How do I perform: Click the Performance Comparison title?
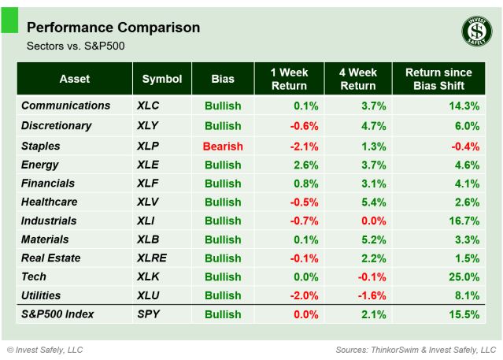pyautogui.click(x=113, y=28)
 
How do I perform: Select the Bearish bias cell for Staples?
pyautogui.click(x=223, y=146)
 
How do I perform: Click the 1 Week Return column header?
pyautogui.click(x=288, y=79)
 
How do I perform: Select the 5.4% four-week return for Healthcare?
pyautogui.click(x=371, y=202)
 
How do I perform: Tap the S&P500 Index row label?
pyautogui.click(x=57, y=314)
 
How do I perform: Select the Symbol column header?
pyautogui.click(x=162, y=79)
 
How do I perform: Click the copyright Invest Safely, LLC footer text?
pyautogui.click(x=45, y=349)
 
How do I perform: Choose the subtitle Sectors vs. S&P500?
pyautogui.click(x=76, y=46)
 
